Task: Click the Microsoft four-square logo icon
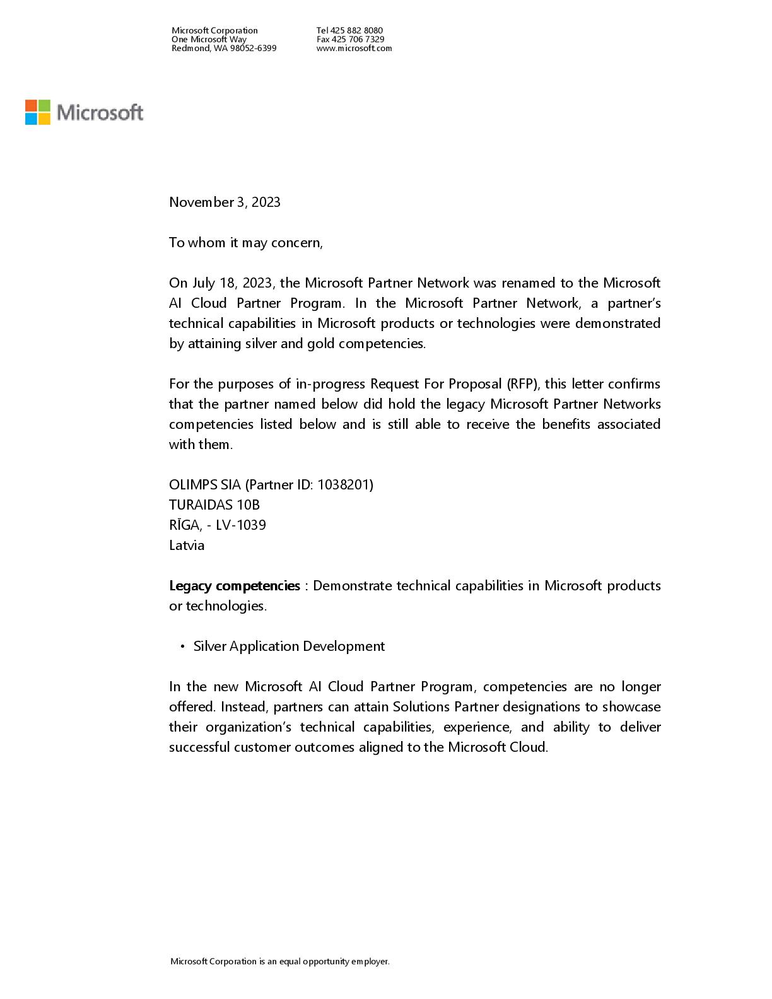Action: point(38,112)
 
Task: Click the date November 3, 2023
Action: point(225,202)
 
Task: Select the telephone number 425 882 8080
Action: point(356,30)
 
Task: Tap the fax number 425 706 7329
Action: point(358,39)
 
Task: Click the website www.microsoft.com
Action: point(354,48)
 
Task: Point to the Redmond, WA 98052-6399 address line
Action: point(224,48)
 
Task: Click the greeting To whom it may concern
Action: point(245,243)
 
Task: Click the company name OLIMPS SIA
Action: point(205,485)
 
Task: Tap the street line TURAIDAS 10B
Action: point(214,505)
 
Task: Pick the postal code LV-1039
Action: point(240,525)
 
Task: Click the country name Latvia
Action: point(187,546)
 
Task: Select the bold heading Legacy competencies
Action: point(234,586)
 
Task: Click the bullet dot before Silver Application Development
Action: point(182,646)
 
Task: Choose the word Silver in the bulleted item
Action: point(209,646)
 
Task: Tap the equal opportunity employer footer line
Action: point(280,962)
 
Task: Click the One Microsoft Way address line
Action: point(209,39)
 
